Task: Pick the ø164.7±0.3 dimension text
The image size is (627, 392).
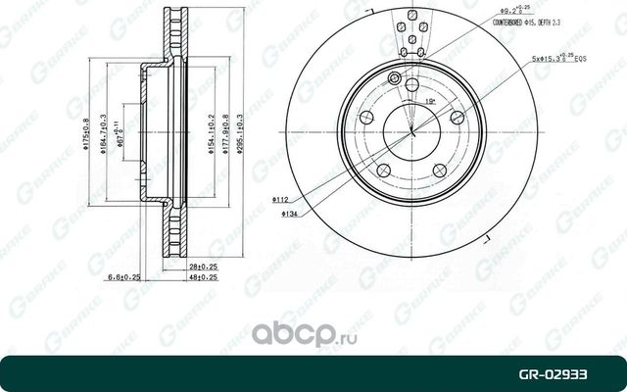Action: coord(103,139)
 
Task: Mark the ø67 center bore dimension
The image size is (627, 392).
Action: coord(120,138)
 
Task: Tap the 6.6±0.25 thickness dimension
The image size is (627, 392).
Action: coord(123,277)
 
